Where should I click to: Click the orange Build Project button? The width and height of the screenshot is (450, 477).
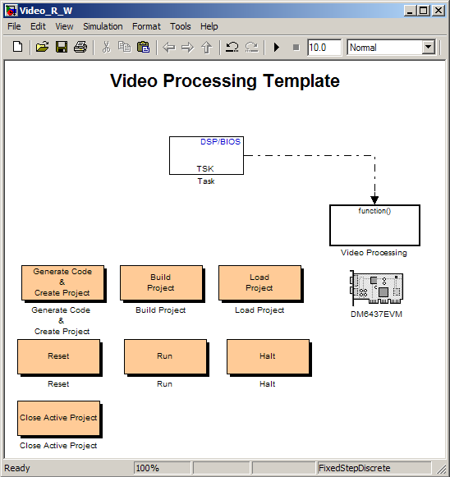pos(161,283)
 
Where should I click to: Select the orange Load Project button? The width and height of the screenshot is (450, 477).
pos(259,283)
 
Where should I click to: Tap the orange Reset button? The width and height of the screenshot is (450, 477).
pos(59,357)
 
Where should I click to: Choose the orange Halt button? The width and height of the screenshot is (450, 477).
pos(268,357)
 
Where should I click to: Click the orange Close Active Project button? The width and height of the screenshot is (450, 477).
pos(59,418)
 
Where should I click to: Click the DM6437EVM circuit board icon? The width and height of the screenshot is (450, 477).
pos(376,288)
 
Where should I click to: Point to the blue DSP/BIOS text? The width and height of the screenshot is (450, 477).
pos(220,142)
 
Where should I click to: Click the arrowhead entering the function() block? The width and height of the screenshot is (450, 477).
pos(374,200)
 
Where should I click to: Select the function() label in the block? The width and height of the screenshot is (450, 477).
pos(374,211)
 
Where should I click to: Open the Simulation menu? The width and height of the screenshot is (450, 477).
pos(103,26)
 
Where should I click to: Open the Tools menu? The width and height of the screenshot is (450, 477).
pos(181,26)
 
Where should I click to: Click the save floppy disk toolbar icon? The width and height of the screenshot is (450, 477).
pos(62,48)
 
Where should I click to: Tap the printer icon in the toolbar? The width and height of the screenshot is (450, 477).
pos(80,48)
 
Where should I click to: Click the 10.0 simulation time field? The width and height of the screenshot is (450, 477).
pos(324,48)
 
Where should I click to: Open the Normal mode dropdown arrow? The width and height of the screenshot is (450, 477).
pos(428,48)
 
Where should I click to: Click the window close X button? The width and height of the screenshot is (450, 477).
pos(439,11)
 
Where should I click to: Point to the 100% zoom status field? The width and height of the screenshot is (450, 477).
pos(162,468)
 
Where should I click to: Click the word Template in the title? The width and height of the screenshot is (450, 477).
pos(301,81)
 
